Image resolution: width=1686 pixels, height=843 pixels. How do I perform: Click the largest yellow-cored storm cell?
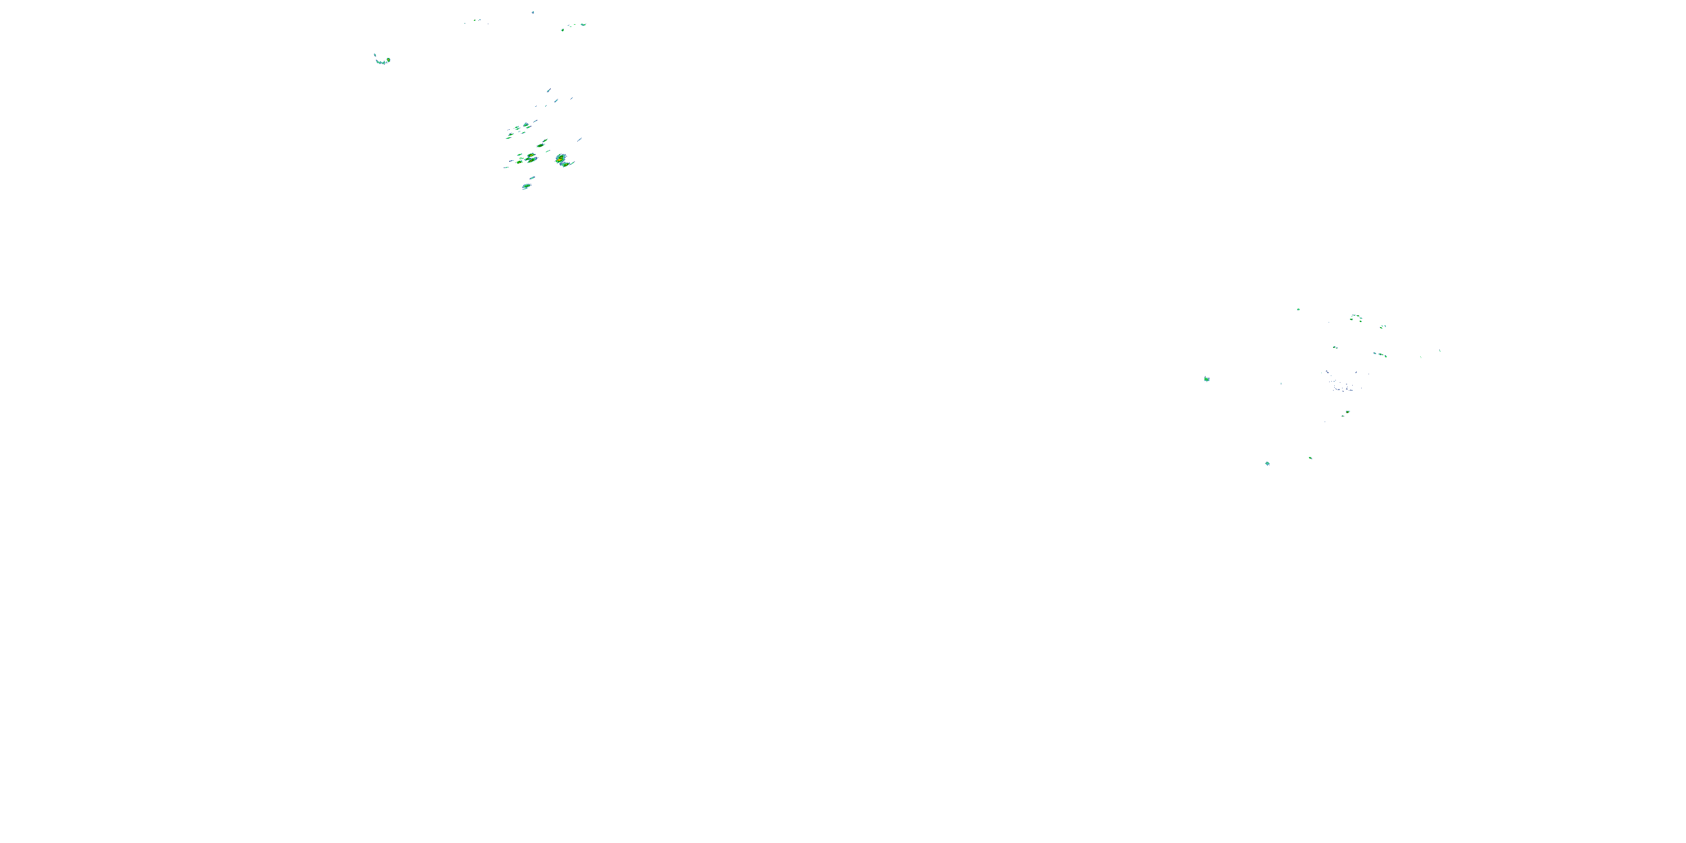click(560, 158)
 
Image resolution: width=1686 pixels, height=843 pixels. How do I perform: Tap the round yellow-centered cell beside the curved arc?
click(388, 60)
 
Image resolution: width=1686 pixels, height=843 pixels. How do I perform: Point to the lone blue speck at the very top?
click(533, 12)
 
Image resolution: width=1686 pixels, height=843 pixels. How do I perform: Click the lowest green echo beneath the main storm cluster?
click(525, 187)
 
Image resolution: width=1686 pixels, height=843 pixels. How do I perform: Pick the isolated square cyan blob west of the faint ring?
click(1206, 379)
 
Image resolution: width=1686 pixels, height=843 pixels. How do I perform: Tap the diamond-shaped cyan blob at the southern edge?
click(1268, 464)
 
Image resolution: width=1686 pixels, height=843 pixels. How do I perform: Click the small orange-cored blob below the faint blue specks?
click(1347, 413)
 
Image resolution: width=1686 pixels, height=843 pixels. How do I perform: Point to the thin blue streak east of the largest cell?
click(580, 139)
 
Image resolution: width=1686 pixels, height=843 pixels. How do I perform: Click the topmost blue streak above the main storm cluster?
click(549, 90)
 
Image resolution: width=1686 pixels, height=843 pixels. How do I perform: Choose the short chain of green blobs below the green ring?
click(1380, 355)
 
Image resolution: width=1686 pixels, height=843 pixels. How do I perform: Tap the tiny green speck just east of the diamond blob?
click(1309, 457)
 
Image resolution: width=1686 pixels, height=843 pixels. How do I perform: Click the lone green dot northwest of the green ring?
click(1298, 309)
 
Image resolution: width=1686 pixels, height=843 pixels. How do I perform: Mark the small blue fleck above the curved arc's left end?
click(374, 55)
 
